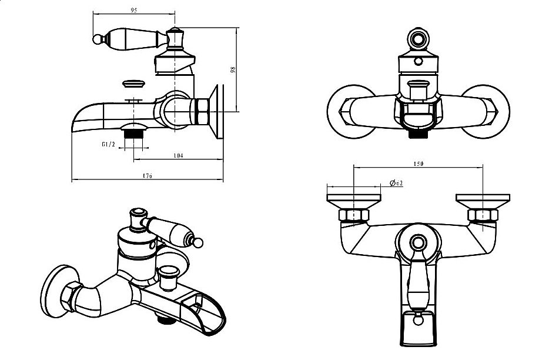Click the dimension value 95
coord(134,10)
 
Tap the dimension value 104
coord(179,155)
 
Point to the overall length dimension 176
coord(147,176)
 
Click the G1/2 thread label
coord(109,144)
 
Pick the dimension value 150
coord(419,163)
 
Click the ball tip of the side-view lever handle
coord(98,40)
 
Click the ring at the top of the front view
coord(418,40)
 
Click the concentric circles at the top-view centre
coord(418,242)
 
